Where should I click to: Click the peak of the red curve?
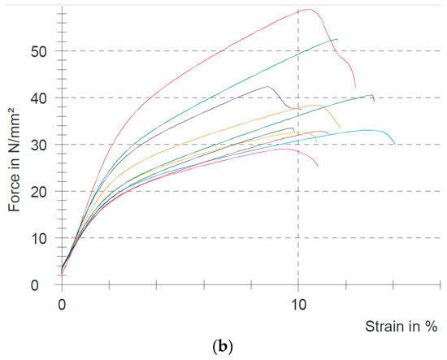tap(309, 10)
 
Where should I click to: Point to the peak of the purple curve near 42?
tap(267, 86)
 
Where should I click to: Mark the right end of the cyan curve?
tap(395, 144)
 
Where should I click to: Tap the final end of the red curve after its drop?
tap(355, 88)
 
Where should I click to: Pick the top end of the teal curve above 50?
tap(336, 39)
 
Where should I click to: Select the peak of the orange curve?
tap(317, 106)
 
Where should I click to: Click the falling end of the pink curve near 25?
tap(318, 167)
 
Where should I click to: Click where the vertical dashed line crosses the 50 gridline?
tap(298, 50)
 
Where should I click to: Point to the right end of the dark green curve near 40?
tap(374, 100)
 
